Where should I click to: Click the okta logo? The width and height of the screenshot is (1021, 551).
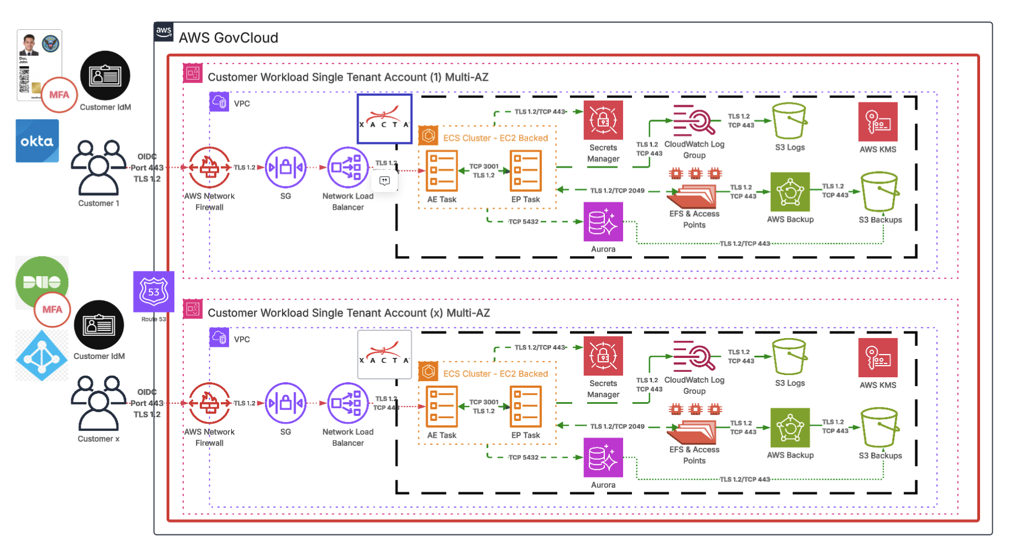(37, 141)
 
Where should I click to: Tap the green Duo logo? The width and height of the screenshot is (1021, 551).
(42, 282)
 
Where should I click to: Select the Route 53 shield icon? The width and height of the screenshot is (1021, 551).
(153, 292)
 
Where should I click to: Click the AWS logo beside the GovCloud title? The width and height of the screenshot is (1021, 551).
(164, 32)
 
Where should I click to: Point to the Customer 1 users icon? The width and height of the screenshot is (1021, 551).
(99, 168)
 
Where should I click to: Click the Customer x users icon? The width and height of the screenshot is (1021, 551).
(99, 403)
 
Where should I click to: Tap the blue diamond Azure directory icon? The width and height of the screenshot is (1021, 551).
(42, 356)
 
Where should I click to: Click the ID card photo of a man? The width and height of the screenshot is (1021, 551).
(29, 44)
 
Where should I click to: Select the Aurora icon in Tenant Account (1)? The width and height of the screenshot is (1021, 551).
(603, 222)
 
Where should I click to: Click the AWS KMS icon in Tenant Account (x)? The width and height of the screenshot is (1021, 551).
(878, 357)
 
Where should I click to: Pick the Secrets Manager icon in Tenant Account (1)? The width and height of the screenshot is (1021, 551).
(603, 120)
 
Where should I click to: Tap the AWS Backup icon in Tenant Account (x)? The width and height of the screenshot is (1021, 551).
(790, 428)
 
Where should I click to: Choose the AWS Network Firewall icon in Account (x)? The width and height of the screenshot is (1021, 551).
(209, 403)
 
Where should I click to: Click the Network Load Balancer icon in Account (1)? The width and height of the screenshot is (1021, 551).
(348, 167)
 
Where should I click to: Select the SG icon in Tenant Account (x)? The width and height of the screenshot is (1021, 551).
(286, 403)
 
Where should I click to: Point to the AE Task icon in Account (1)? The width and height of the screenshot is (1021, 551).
(442, 170)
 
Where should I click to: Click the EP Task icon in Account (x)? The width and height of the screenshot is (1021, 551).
(525, 406)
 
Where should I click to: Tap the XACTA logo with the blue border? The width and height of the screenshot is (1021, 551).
(384, 119)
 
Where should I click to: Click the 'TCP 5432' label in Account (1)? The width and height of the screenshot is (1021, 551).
(523, 222)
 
